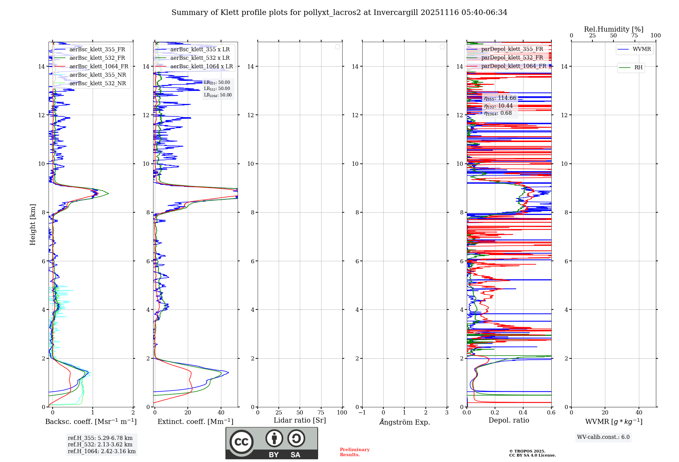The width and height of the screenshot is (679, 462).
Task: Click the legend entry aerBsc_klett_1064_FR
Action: pyautogui.click(x=99, y=67)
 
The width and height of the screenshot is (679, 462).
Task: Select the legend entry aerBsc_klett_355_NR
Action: pyautogui.click(x=98, y=75)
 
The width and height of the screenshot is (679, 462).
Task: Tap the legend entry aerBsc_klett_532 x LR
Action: pyautogui.click(x=200, y=58)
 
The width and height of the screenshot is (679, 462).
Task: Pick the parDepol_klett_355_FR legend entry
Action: pyautogui.click(x=512, y=49)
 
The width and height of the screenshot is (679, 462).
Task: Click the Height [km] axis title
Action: pyautogui.click(x=33, y=225)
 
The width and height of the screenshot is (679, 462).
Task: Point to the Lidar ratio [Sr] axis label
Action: pyautogui.click(x=300, y=421)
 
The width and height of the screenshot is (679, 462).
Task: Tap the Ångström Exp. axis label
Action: pyautogui.click(x=405, y=422)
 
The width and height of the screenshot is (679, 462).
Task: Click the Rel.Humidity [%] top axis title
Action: pyautogui.click(x=613, y=29)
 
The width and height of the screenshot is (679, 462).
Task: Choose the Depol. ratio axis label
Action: pyautogui.click(x=509, y=421)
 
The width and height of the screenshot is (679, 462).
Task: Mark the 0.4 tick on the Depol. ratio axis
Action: pyautogui.click(x=523, y=413)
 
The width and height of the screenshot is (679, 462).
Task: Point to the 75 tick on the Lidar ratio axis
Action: pyautogui.click(x=321, y=413)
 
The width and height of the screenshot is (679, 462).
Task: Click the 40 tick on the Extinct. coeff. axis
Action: pyautogui.click(x=221, y=413)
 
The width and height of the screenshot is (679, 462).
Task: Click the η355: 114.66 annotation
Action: pyautogui.click(x=500, y=98)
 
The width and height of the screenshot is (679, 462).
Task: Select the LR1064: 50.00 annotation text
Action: pyautogui.click(x=218, y=95)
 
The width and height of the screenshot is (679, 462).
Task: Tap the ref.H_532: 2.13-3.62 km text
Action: pyautogui.click(x=100, y=445)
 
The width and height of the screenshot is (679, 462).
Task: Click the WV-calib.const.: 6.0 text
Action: pyautogui.click(x=603, y=437)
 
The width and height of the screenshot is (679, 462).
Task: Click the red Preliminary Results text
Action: pyautogui.click(x=354, y=452)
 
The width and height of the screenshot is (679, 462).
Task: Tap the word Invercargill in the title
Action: pyautogui.click(x=396, y=13)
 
